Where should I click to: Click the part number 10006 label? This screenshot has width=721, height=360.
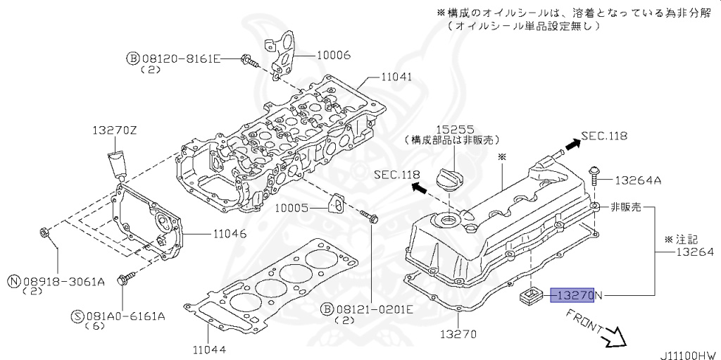coord(333,54)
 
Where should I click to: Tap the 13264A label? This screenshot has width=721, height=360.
coord(638,180)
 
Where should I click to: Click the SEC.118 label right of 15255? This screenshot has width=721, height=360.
coord(603,135)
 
